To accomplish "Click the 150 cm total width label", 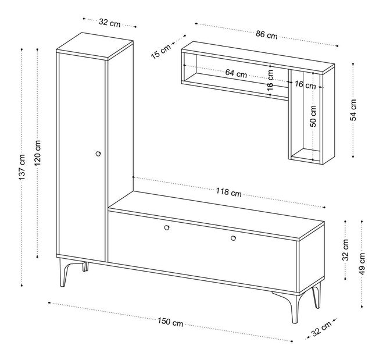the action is point(170,322).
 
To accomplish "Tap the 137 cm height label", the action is point(22,167).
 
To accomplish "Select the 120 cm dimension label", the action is point(38,153).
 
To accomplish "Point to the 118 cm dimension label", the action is point(228,192).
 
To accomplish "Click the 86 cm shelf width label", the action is point(267,34).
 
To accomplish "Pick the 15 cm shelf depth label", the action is point(161,52).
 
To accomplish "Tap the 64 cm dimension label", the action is point(236,73).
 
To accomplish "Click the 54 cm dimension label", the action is point(353,110).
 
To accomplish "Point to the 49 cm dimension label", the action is point(362,263).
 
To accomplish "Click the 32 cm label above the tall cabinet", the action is point(110,23).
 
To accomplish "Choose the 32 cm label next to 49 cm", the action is point(345,249).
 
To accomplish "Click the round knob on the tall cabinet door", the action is point(98,154).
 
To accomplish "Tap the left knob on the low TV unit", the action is point(167,227).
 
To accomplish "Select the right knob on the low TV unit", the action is point(233,238).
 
